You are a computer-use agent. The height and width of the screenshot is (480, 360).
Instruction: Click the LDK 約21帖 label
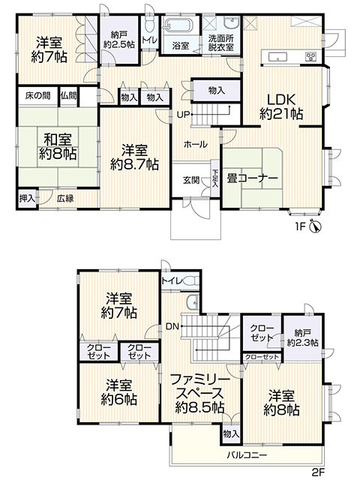(281, 106)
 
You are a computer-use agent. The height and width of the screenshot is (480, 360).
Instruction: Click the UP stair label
(182, 115)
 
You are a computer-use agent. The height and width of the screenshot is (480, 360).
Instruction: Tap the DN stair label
(172, 326)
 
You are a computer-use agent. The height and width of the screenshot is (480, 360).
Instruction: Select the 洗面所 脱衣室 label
(221, 42)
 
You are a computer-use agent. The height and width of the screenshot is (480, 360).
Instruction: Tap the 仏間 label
(68, 96)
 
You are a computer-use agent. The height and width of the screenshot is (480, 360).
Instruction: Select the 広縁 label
(64, 198)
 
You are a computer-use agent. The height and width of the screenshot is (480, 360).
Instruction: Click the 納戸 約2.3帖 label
(302, 337)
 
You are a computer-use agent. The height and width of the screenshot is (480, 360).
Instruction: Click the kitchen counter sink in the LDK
(274, 56)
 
